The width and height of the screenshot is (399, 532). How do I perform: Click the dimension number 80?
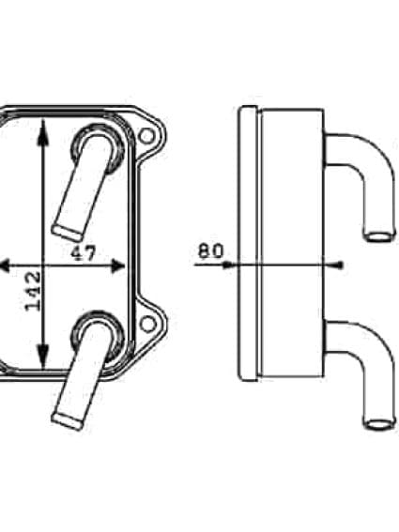[211, 251]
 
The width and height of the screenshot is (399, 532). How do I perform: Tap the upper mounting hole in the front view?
[146, 137]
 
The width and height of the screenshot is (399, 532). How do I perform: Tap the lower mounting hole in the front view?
[146, 324]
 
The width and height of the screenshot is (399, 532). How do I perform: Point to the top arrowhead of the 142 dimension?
[42, 127]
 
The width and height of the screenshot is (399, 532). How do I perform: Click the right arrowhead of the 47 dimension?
[117, 266]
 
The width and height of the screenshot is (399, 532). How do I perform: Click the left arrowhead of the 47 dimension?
[5, 266]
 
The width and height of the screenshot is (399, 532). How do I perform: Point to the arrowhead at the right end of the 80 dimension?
[339, 265]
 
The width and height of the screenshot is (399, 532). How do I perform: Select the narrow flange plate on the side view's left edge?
[248, 244]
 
